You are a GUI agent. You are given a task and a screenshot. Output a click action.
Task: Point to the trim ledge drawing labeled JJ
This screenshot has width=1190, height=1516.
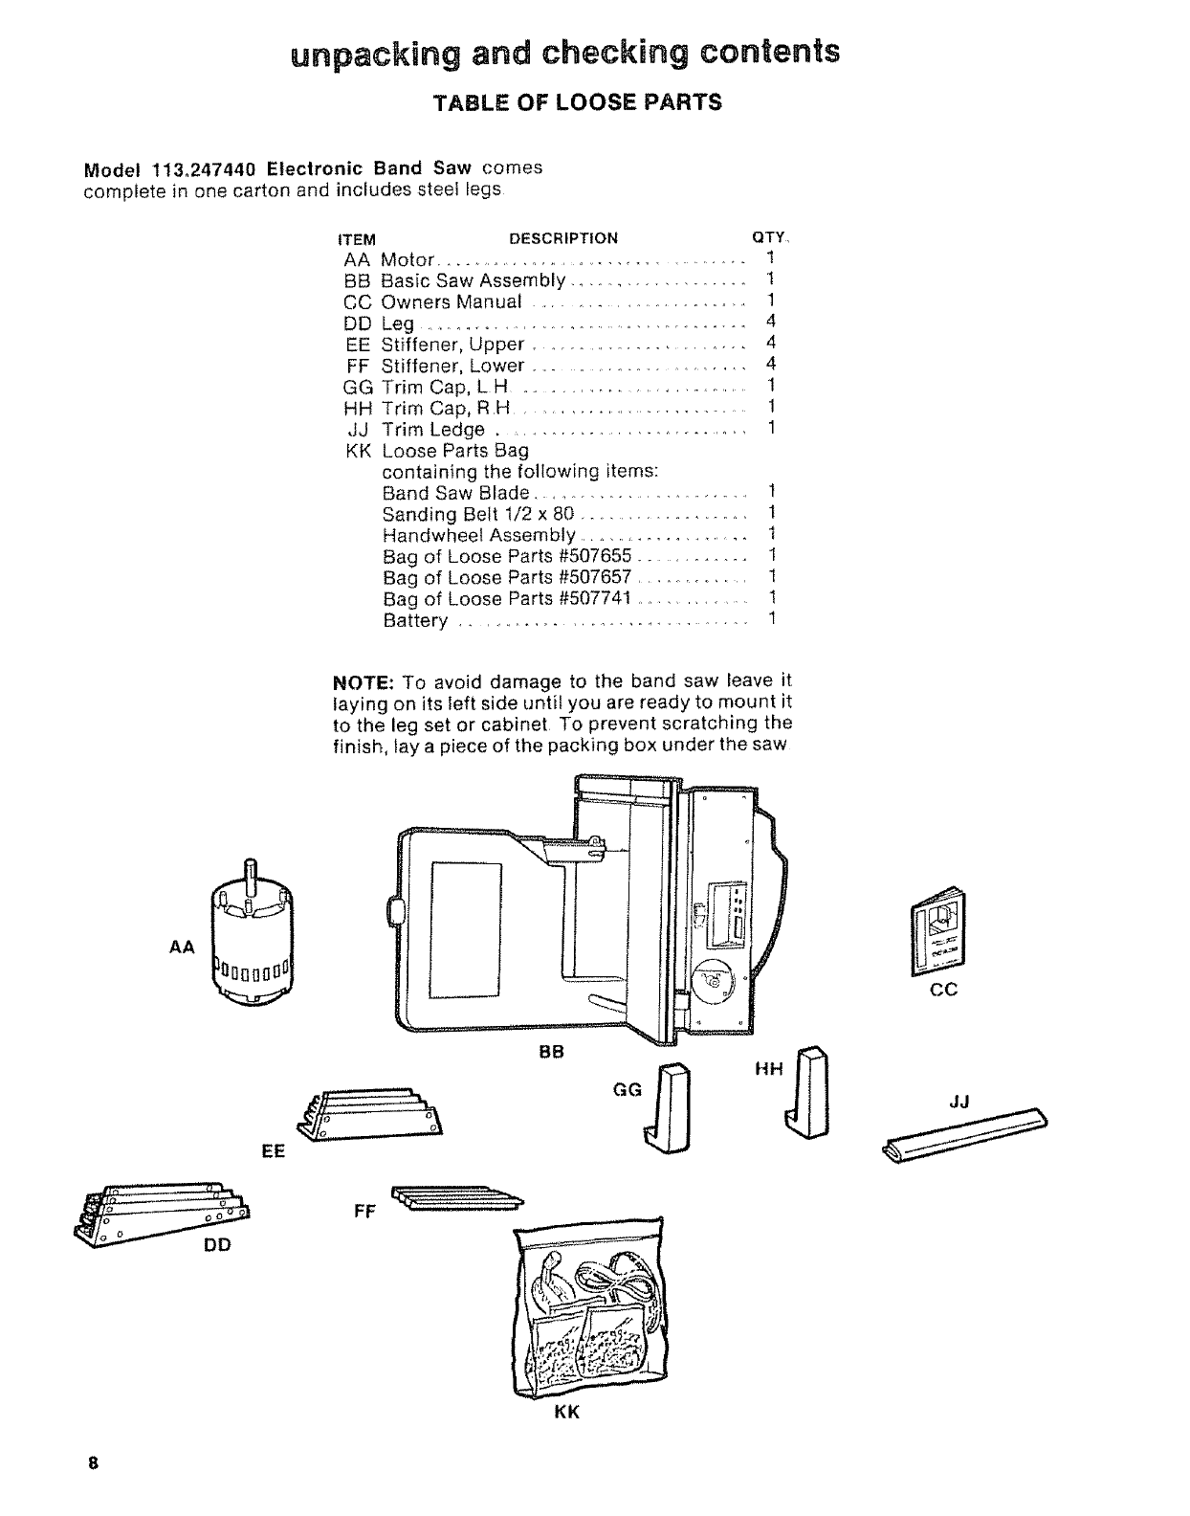pos(964,1136)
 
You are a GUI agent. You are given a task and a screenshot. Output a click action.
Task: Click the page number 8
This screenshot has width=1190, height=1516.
pos(93,1463)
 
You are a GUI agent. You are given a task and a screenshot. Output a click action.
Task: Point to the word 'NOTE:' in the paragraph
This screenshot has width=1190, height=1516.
pos(363,681)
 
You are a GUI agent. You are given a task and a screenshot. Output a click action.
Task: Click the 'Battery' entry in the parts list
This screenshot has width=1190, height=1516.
pos(415,620)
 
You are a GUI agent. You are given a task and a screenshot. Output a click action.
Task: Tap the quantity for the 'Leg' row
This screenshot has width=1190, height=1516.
pos(770,323)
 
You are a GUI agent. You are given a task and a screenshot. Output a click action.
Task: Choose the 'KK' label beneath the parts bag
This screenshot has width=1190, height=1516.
pos(567,1413)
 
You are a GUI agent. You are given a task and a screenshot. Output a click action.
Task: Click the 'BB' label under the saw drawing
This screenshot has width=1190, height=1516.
pos(552,1053)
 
